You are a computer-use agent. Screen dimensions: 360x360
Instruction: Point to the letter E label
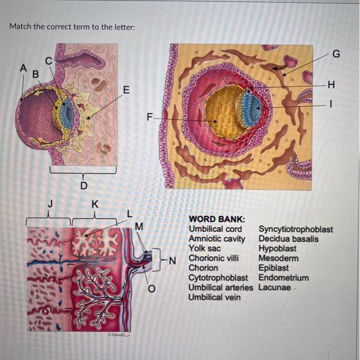point(126,91)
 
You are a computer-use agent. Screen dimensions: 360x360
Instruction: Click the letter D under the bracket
point(84,185)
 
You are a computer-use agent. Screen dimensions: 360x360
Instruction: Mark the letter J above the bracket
point(49,204)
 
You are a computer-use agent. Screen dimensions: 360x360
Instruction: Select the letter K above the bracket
point(94,204)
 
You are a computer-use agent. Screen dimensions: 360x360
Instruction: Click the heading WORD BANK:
point(217,220)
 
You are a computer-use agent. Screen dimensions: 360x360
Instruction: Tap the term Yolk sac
point(204,248)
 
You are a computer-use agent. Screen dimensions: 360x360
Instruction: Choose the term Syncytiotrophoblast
point(296,229)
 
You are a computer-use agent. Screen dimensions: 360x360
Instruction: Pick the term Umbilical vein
point(214,297)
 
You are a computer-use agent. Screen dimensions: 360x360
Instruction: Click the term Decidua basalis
point(289,239)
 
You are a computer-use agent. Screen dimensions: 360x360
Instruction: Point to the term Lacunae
point(274,287)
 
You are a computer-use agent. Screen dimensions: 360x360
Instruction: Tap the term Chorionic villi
point(213,258)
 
